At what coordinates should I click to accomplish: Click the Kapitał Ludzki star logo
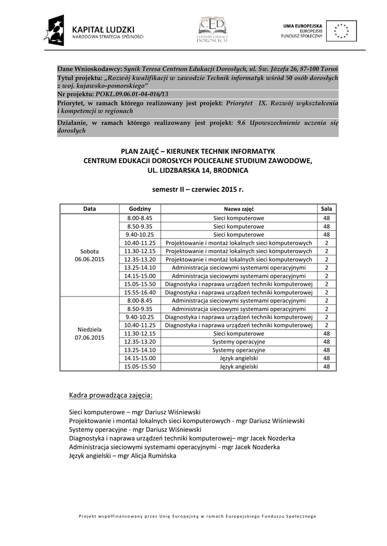pos(56,30)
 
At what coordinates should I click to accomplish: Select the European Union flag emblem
pos(341,31)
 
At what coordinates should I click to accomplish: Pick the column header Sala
pos(326,208)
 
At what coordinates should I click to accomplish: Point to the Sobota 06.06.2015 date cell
pos(90,255)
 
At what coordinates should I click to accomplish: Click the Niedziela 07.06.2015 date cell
pos(90,333)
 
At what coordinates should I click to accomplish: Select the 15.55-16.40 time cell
pos(140,292)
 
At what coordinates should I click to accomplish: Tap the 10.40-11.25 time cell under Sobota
pos(140,243)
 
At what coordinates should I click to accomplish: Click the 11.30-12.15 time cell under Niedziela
pos(140,333)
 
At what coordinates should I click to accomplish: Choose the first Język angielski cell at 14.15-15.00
pos(239,358)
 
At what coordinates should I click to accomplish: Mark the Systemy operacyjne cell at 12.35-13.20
pos(239,342)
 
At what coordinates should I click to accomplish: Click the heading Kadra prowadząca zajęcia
pos(111,395)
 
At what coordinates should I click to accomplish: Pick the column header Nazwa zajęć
pos(239,208)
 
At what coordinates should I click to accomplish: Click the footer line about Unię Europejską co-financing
pos(198,516)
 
